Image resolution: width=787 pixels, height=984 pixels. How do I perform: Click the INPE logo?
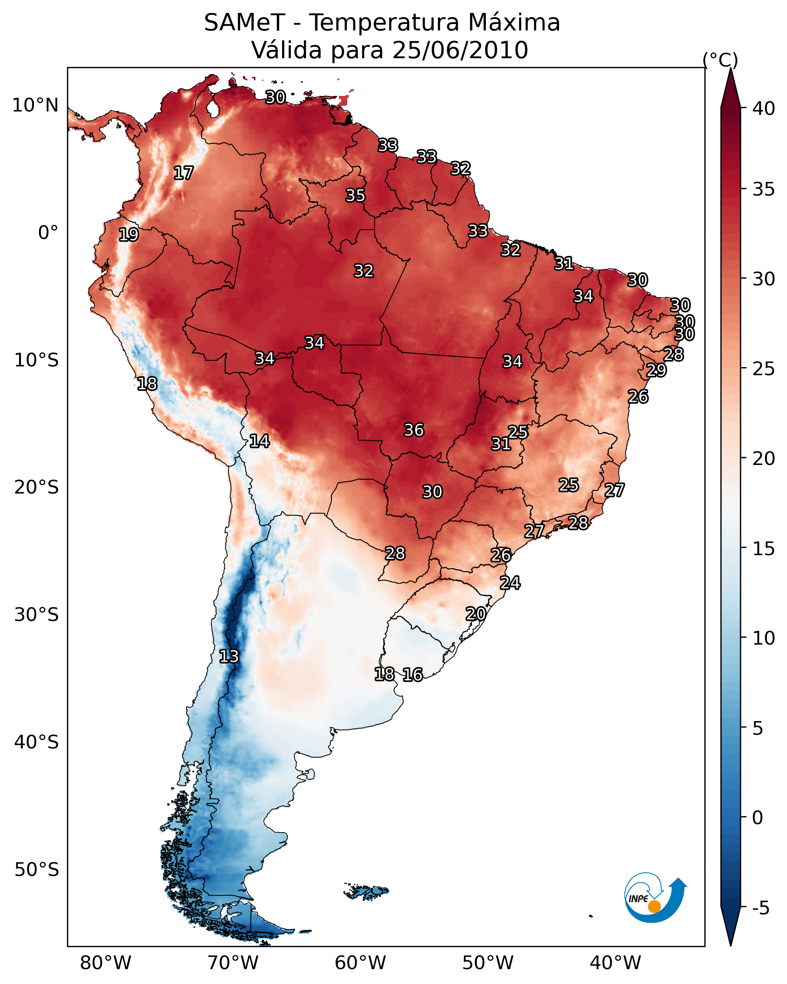tap(655, 898)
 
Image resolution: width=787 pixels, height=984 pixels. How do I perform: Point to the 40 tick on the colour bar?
tap(764, 108)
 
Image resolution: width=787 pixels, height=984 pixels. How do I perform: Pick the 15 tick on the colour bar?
tap(764, 548)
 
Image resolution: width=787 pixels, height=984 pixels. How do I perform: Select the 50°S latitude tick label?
tap(37, 869)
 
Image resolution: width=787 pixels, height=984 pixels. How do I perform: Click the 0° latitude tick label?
tap(48, 233)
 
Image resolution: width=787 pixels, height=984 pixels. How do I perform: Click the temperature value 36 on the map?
tap(414, 430)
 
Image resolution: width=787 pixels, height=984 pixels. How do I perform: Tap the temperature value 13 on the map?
tap(229, 656)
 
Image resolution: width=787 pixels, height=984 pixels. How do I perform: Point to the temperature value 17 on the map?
tap(184, 173)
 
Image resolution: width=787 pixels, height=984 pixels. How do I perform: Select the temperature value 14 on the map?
tap(259, 441)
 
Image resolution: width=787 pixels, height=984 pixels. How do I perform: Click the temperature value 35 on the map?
tap(355, 195)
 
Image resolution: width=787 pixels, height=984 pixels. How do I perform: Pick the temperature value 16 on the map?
tap(413, 675)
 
